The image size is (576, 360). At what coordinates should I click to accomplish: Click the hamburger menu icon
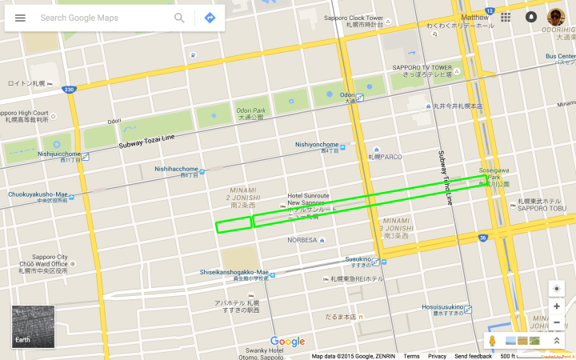[20, 18]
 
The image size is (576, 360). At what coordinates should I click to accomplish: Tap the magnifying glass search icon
[179, 18]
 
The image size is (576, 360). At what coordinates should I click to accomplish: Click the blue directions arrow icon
[210, 18]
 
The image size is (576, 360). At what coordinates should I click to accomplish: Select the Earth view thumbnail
[33, 326]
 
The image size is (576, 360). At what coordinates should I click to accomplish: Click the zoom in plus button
[557, 306]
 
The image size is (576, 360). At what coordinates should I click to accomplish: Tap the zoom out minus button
[557, 322]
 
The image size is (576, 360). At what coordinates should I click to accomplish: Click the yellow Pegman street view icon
[493, 341]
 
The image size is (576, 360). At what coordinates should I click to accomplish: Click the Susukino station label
[358, 258]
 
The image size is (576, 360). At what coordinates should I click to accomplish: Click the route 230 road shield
[70, 90]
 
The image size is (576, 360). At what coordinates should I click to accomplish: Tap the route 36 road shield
[483, 238]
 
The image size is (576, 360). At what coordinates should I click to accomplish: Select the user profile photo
[556, 17]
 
